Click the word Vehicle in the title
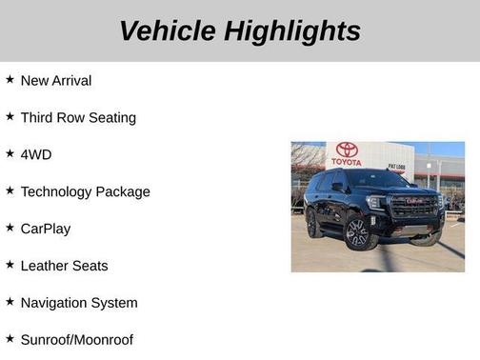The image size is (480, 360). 168,30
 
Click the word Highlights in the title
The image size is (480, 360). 292,30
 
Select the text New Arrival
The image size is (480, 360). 56,80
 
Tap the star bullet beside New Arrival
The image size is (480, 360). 10,79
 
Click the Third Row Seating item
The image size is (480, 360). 78,117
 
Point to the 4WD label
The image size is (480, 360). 36,154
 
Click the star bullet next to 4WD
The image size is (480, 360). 10,153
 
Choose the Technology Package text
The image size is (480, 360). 85,191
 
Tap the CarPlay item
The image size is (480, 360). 46,229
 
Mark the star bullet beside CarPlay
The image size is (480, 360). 10,228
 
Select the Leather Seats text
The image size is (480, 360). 64,266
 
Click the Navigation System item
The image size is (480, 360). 79,303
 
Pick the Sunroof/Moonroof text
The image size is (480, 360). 76,340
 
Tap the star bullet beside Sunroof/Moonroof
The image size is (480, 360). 10,338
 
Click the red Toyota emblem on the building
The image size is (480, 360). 347,150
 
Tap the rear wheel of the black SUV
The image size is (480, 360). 313,225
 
